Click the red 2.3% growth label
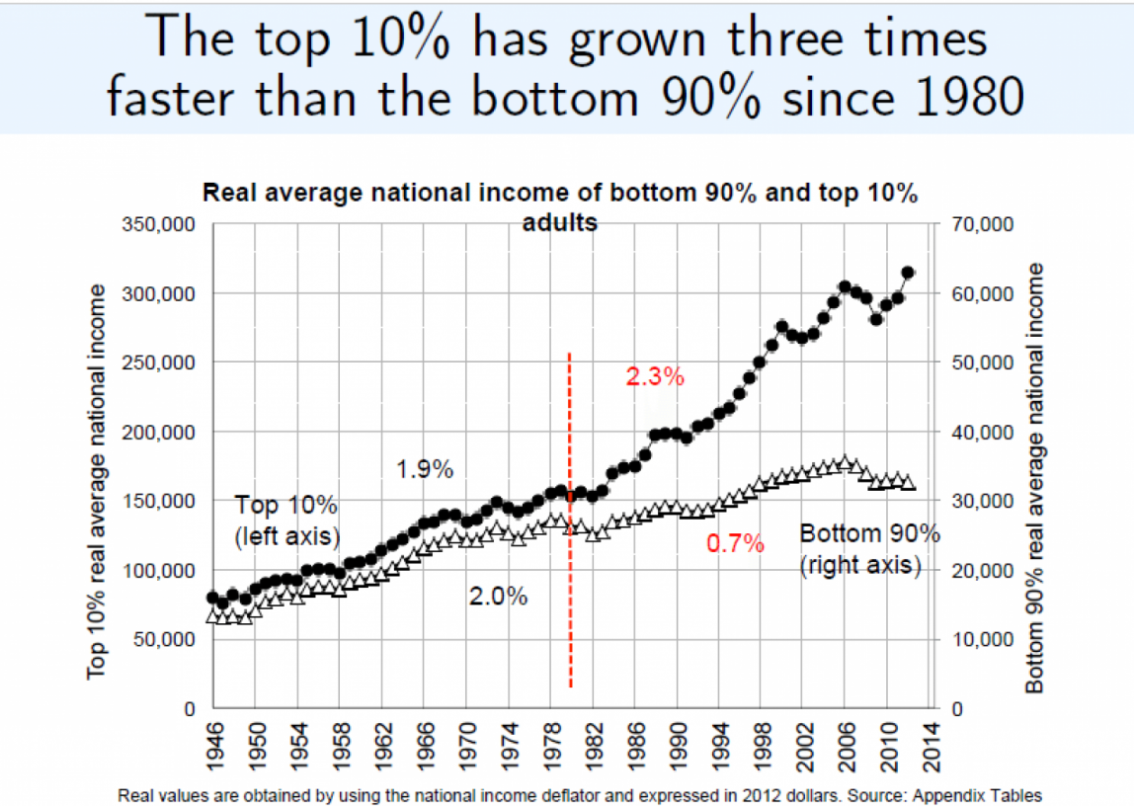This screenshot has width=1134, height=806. pos(654,376)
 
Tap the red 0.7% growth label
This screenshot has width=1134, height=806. pos(735,542)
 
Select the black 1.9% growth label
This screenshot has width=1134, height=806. pos(425,469)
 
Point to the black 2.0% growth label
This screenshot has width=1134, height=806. pos(498,597)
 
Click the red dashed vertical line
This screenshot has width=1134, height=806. pos(570,514)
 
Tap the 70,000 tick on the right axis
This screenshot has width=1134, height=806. pos(983,224)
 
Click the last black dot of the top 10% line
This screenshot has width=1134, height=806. pos(908,273)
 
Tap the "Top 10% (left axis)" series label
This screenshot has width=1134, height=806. pos(285,521)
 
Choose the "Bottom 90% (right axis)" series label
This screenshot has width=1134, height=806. pos(868,550)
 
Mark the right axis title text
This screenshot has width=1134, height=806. pos(1034,477)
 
